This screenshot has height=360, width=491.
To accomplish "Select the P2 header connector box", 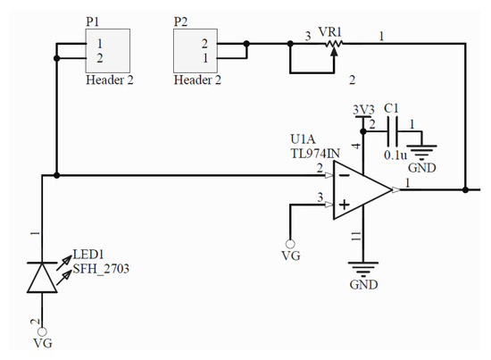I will [x=196, y=50].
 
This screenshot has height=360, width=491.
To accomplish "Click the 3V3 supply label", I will [x=363, y=110].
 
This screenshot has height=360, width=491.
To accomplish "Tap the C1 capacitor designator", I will [x=391, y=109].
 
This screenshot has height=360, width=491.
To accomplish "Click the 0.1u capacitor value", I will [x=395, y=154].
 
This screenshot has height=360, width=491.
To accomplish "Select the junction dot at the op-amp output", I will [x=466, y=189].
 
